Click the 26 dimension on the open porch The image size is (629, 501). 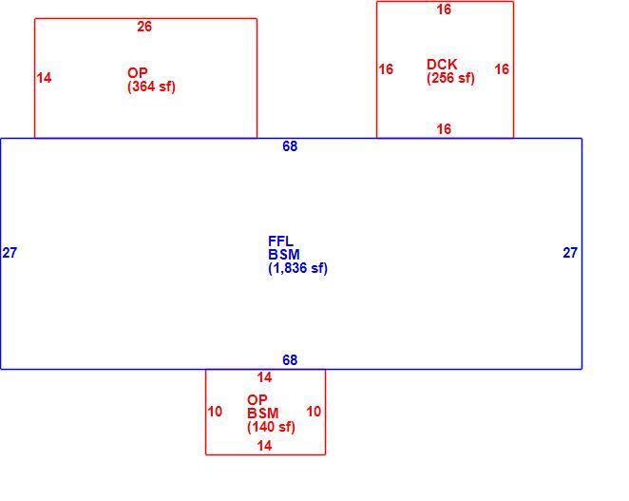coord(144,27)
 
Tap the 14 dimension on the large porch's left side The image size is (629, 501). coord(44,77)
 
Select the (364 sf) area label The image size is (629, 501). coord(151,87)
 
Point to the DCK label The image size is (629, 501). coord(442,65)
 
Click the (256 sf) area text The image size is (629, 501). coord(450,77)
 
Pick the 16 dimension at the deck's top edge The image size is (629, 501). coord(444,10)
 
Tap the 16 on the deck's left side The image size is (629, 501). coord(386,69)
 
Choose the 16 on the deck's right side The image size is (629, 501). coord(502,69)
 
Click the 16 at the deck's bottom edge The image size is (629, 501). coord(444,129)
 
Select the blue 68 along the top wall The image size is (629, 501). coord(290,146)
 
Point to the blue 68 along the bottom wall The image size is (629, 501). coord(290,359)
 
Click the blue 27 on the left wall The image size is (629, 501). coord(10,253)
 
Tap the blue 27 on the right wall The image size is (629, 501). coord(570,253)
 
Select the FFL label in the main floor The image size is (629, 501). coord(281,241)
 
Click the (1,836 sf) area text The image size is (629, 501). coord(297,268)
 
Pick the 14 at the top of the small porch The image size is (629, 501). coord(264,377)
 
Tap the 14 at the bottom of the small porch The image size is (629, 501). coord(264,446)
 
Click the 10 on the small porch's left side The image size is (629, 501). coord(215,411)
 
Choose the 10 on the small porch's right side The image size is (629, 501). coord(314,411)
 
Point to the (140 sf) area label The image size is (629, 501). coord(271,427)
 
